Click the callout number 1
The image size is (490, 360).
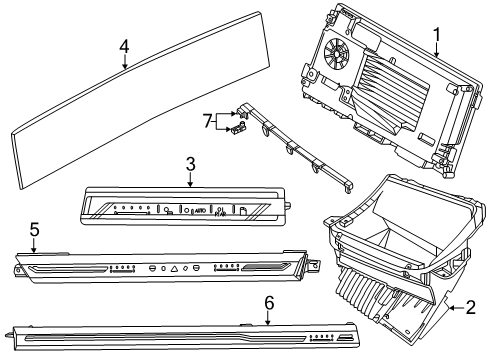[435, 38]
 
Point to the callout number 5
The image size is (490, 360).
[35, 230]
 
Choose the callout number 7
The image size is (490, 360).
[207, 121]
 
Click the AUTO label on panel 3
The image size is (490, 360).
[201, 211]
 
